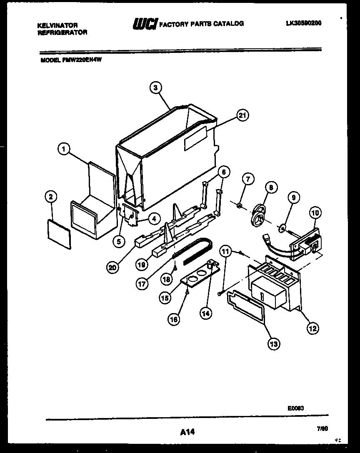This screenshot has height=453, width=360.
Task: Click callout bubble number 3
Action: click(155, 87)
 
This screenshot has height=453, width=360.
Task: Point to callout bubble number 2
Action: click(51, 197)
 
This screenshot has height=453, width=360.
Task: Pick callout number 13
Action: click(274, 343)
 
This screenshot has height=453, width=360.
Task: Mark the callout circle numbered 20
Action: click(112, 268)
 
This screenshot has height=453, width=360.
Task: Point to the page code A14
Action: click(187, 433)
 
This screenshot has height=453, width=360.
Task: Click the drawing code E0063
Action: click(295, 408)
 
